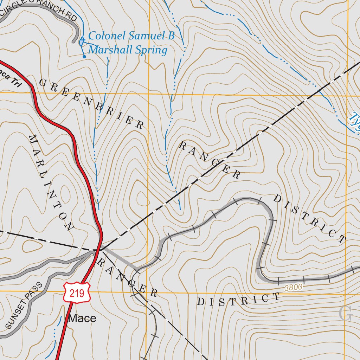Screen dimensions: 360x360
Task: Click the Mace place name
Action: [x=82, y=318]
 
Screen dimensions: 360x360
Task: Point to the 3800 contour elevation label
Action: [x=294, y=288]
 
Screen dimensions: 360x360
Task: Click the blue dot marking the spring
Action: [x=84, y=56]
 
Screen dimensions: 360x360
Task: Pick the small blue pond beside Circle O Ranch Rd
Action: [x=82, y=42]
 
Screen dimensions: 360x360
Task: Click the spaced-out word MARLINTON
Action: [x=51, y=183]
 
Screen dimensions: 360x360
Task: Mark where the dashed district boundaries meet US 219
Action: [x=101, y=249]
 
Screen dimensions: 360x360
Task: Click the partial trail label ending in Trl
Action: [x=11, y=79]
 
